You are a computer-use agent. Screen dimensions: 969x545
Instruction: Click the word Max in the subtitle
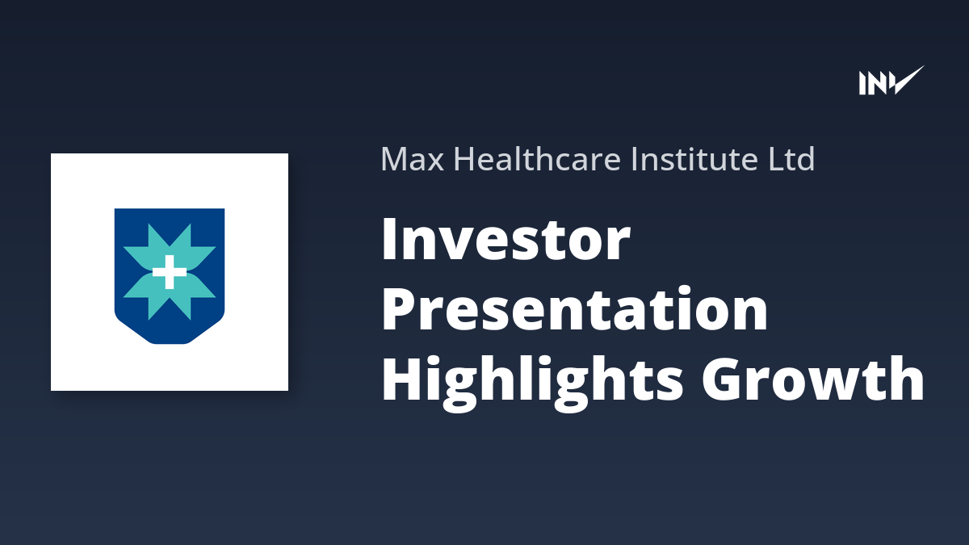coord(413,159)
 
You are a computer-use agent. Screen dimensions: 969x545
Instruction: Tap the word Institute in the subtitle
coord(694,158)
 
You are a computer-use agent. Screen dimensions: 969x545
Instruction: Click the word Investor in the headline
coord(505,239)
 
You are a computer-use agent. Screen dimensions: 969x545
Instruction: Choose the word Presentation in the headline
coord(575,308)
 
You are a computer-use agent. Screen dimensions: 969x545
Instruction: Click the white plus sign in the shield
coord(170,272)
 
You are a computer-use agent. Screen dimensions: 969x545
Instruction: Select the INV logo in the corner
coord(891,80)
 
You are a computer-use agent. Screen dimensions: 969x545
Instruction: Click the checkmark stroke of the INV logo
coord(907,80)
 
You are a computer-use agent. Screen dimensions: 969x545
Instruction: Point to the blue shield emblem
coord(170,276)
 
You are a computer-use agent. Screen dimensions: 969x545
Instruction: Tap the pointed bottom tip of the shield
coord(170,343)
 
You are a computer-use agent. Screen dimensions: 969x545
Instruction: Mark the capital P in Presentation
coord(401,308)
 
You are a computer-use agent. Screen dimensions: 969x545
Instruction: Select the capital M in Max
coord(395,159)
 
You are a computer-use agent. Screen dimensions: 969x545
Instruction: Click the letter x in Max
coord(435,162)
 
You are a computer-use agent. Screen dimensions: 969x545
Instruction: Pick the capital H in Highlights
coord(404,379)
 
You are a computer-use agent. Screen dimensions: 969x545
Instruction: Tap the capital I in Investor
coord(389,239)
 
